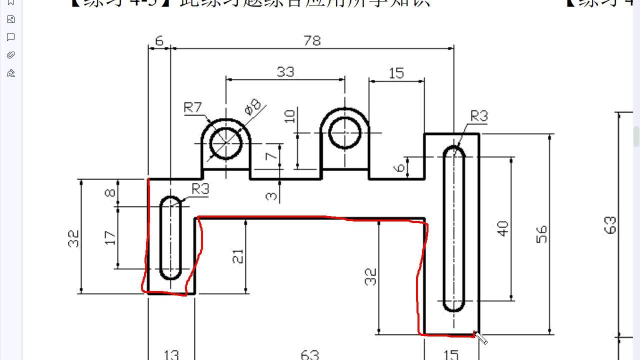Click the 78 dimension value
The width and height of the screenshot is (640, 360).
click(x=312, y=40)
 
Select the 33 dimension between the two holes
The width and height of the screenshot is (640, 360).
click(x=285, y=72)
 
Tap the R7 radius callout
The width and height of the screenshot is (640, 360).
click(x=192, y=107)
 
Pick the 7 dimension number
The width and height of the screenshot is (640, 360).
click(x=271, y=156)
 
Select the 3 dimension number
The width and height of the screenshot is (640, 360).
click(x=271, y=194)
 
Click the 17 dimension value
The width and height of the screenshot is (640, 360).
click(x=110, y=237)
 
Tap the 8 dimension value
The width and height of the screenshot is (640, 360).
click(x=110, y=192)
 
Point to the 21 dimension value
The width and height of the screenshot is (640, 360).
click(x=238, y=256)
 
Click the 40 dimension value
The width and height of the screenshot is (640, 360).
click(x=503, y=228)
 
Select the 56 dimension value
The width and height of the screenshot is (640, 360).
click(x=541, y=234)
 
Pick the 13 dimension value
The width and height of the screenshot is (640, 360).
click(x=171, y=354)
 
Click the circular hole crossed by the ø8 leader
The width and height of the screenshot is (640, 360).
click(x=226, y=143)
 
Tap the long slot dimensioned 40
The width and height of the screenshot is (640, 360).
click(x=454, y=228)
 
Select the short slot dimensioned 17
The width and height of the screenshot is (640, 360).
click(x=171, y=238)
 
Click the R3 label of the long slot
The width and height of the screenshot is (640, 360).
click(x=478, y=116)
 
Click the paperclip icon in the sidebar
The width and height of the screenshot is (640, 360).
click(x=11, y=55)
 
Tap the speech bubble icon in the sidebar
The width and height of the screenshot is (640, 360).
click(x=11, y=37)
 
